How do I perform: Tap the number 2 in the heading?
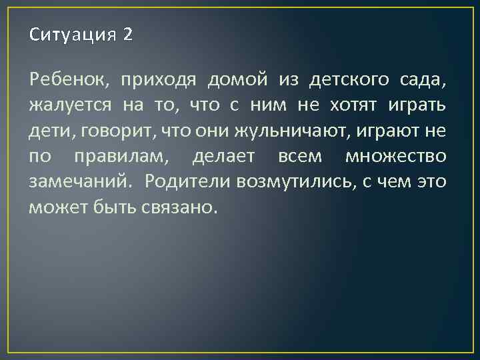tap(127, 35)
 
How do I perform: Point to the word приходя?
tap(158, 81)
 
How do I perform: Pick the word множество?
tap(396, 156)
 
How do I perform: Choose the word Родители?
tap(188, 181)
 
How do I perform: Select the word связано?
tap(180, 207)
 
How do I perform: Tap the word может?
tap(55, 207)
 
